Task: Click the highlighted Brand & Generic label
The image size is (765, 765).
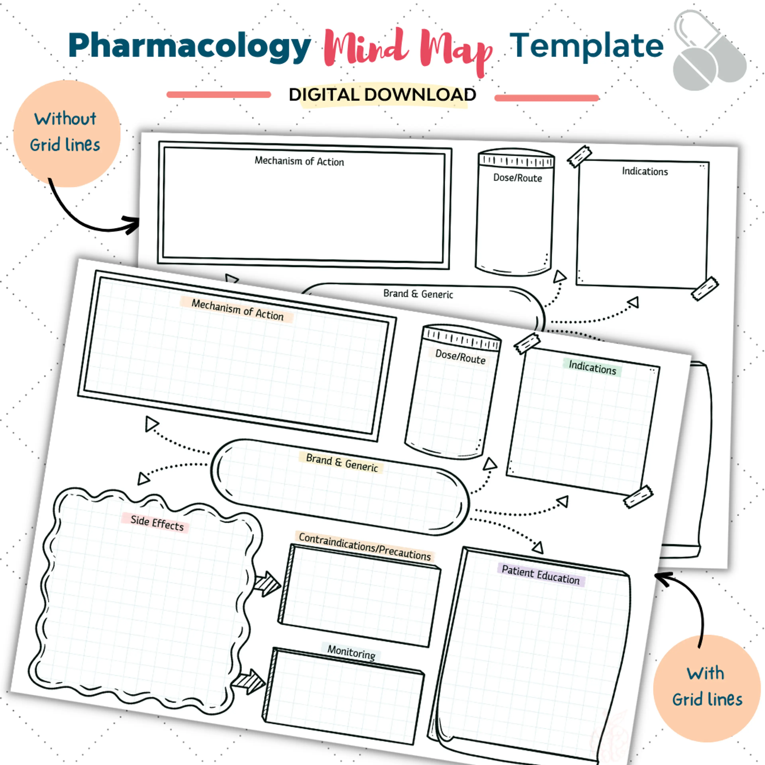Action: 342,462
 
